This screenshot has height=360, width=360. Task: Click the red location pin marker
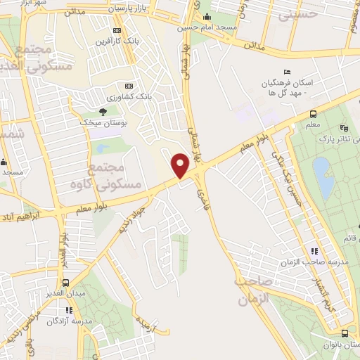coord(181,166)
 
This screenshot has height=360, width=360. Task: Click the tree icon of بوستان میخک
coord(103,111)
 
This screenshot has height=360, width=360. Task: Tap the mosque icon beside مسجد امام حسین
coord(206,18)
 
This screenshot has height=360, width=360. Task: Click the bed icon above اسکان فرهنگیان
coord(286,72)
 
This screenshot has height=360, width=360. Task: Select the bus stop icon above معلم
coord(313,114)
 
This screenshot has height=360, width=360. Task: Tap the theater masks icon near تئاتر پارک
coord(343,128)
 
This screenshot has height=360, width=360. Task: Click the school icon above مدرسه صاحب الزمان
coord(314,250)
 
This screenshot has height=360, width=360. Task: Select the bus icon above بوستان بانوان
coord(345,333)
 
